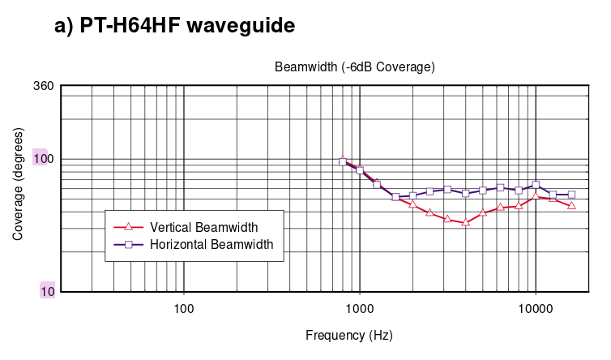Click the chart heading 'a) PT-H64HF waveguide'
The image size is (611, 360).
click(174, 26)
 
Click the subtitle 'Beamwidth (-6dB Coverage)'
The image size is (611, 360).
click(355, 67)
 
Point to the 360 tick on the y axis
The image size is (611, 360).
click(44, 86)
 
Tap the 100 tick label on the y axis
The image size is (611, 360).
click(44, 159)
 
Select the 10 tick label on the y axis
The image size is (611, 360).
click(48, 291)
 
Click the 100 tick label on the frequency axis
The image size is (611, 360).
click(183, 309)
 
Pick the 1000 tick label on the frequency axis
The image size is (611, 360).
click(360, 309)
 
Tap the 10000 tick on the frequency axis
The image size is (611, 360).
click(536, 309)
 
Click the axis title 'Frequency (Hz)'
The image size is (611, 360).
click(349, 336)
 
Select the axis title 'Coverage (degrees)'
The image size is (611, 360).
click(18, 184)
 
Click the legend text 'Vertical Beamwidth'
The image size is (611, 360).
click(203, 227)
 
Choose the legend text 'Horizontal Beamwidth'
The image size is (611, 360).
click(211, 245)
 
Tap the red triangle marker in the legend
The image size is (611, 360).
click(129, 226)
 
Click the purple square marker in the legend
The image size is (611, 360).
click(129, 245)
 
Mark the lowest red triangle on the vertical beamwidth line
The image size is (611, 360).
click(465, 222)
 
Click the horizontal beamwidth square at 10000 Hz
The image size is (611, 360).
click(536, 185)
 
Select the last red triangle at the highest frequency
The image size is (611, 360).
click(571, 205)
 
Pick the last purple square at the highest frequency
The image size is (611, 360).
click(571, 195)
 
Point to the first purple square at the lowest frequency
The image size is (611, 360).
click(343, 162)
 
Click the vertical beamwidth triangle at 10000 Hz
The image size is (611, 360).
click(536, 195)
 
